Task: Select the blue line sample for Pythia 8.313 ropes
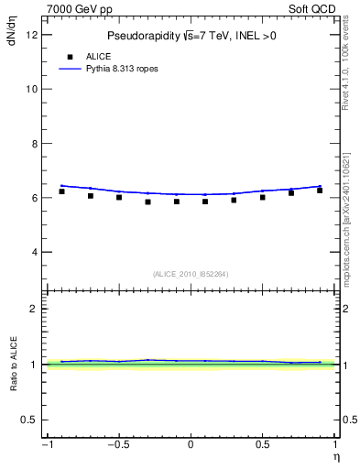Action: tap(72, 69)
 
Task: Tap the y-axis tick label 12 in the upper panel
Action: tap(32, 35)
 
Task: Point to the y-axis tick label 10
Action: tap(32, 90)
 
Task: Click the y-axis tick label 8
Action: tap(35, 144)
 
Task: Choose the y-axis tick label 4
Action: tap(35, 252)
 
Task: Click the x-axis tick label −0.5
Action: tap(117, 445)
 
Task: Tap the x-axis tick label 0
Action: tap(191, 445)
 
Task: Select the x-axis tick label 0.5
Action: tap(263, 445)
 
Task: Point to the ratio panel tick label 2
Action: tap(35, 309)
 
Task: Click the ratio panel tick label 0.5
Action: tap(31, 420)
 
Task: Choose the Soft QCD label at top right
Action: tap(312, 6)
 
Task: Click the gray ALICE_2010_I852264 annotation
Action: tap(191, 274)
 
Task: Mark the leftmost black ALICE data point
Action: tap(61, 191)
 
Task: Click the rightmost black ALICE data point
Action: tap(320, 191)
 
